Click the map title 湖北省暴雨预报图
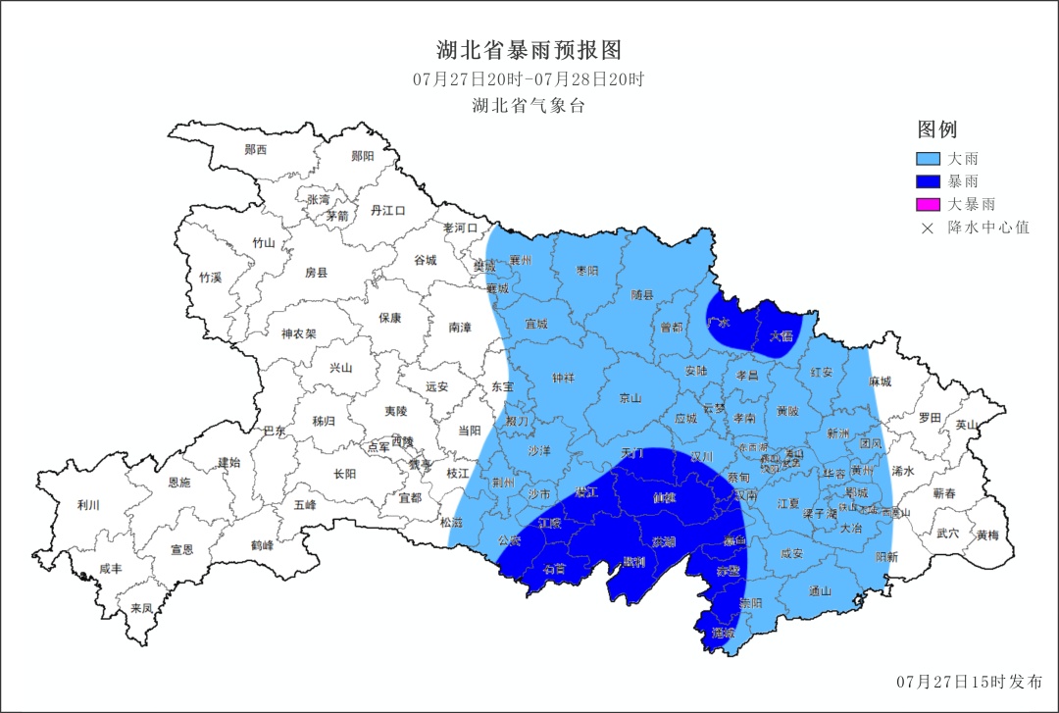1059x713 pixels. point(529,50)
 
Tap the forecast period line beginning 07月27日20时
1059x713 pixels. point(529,79)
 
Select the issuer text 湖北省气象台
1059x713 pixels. point(529,106)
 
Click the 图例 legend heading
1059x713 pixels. point(936,129)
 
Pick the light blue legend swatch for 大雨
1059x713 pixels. point(928,158)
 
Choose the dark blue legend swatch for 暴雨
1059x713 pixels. point(928,181)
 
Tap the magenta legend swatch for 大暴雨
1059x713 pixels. point(928,204)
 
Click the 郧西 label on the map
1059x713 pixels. point(256,150)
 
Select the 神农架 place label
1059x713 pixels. point(298,333)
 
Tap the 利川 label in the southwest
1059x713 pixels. point(88,506)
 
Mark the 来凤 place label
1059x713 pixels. point(142,608)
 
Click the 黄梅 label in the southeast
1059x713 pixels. point(987,535)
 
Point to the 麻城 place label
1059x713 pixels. point(881,382)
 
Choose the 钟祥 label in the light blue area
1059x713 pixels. point(564,378)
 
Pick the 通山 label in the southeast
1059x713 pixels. point(821,590)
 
